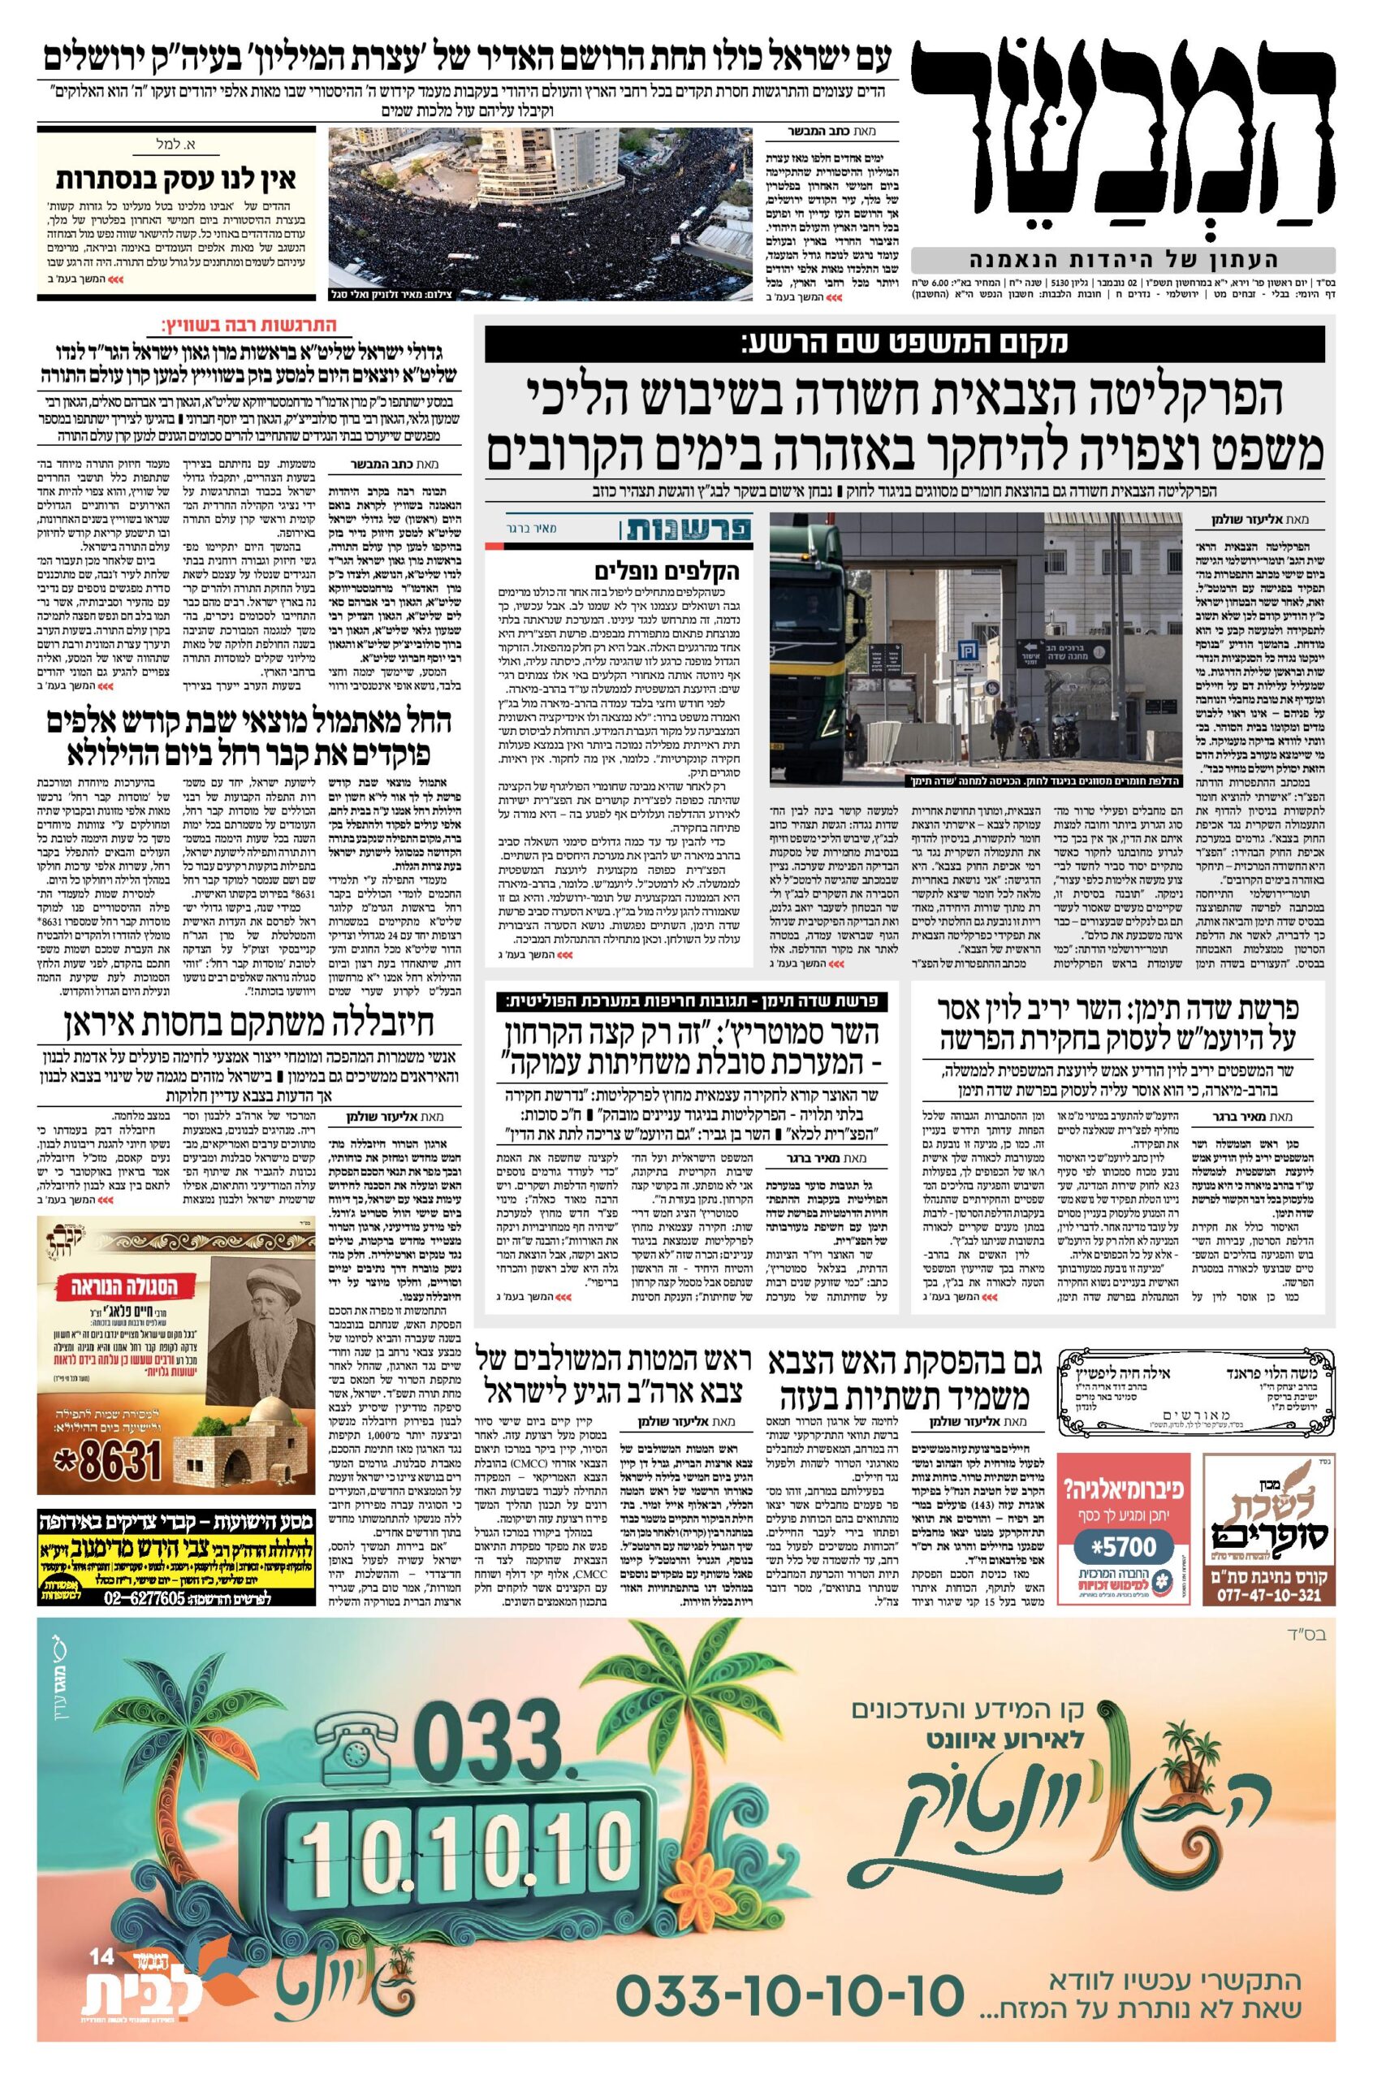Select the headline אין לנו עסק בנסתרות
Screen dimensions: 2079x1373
tap(177, 179)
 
